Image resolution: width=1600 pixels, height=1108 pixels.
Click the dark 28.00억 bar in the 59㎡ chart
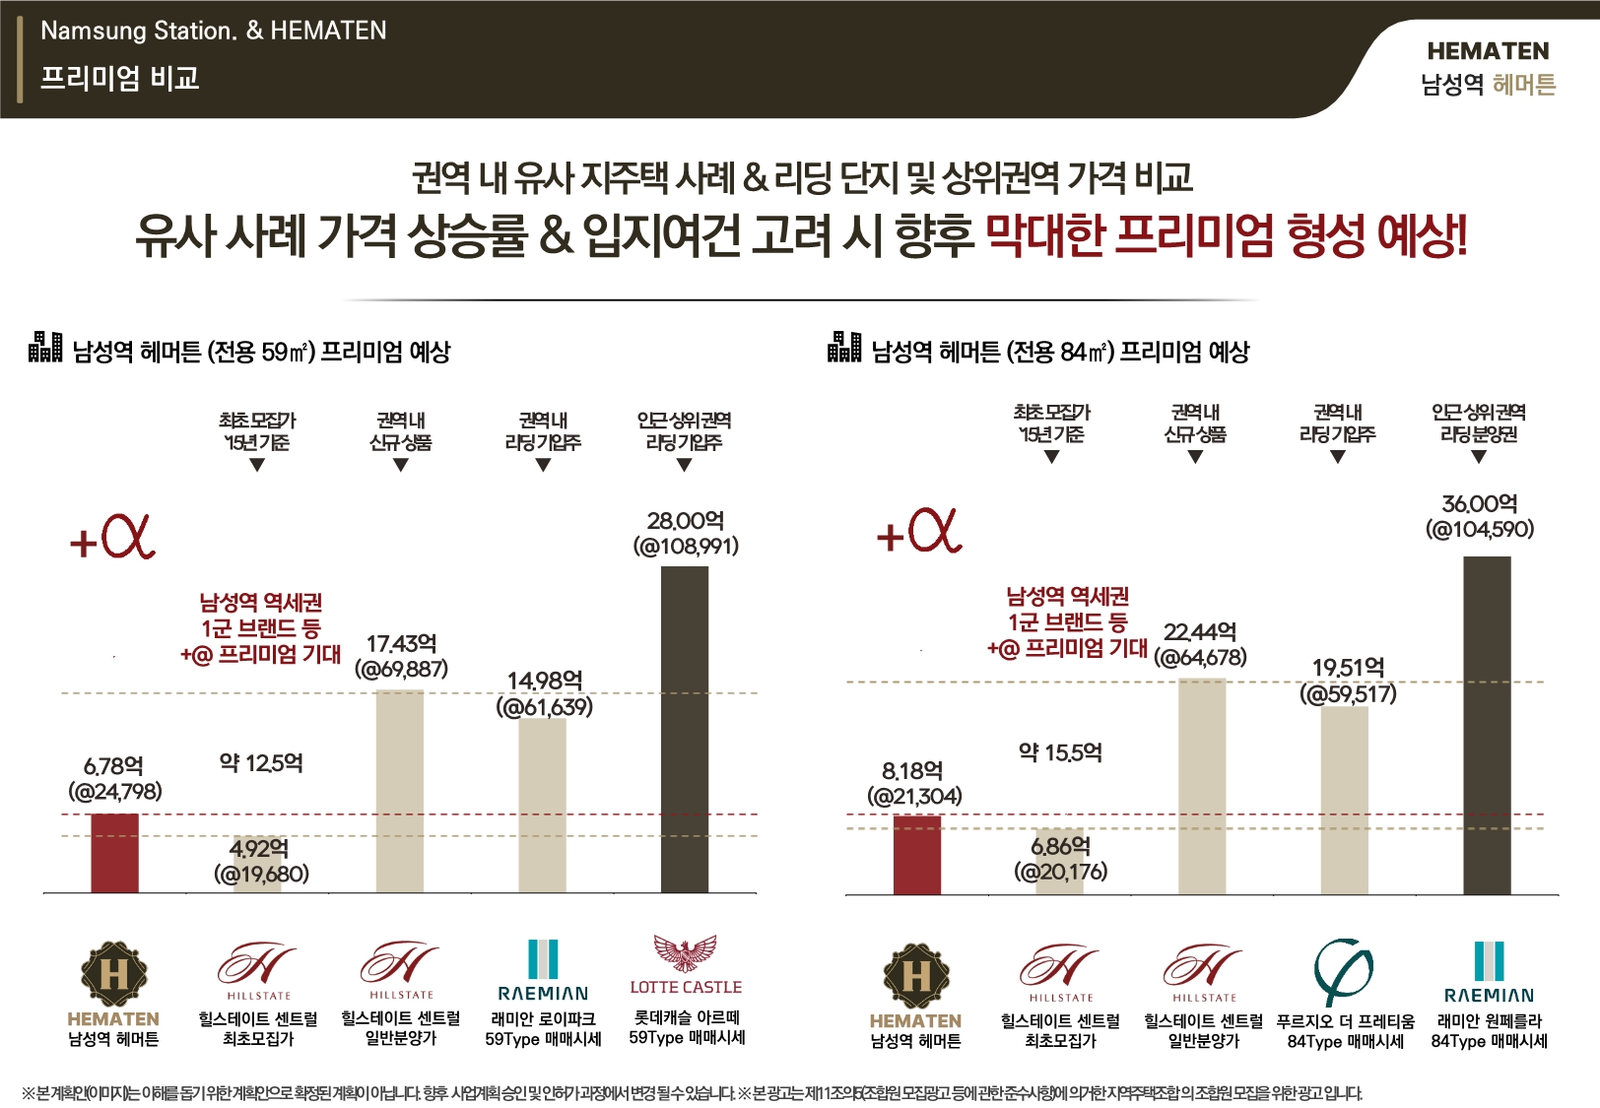(684, 729)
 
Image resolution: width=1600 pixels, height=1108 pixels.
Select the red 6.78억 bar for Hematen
(114, 853)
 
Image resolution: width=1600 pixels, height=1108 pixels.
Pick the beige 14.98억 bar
(542, 806)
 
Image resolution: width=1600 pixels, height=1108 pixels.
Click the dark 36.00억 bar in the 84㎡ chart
(1487, 725)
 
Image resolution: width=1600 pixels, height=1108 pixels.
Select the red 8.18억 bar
(916, 855)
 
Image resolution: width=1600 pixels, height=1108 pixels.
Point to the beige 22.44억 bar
(1202, 786)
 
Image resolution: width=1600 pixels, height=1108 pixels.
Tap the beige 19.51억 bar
(1344, 800)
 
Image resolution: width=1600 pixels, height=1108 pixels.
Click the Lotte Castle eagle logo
(686, 953)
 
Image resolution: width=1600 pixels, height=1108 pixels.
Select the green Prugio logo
(1344, 971)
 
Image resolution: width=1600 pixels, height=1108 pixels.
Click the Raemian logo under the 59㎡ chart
(543, 970)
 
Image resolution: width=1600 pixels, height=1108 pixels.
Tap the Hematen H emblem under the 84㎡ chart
(916, 976)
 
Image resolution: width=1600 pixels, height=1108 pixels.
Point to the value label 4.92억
(259, 849)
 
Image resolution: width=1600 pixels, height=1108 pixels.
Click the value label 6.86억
(1060, 846)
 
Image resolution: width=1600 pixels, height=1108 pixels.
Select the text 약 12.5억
(261, 763)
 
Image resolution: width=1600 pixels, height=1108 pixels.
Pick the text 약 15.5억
(1060, 753)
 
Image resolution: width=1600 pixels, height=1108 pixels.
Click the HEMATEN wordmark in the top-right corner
(1488, 51)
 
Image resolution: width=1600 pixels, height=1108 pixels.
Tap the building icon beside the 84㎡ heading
(844, 347)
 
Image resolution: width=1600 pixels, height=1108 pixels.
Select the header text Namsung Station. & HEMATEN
(213, 31)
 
